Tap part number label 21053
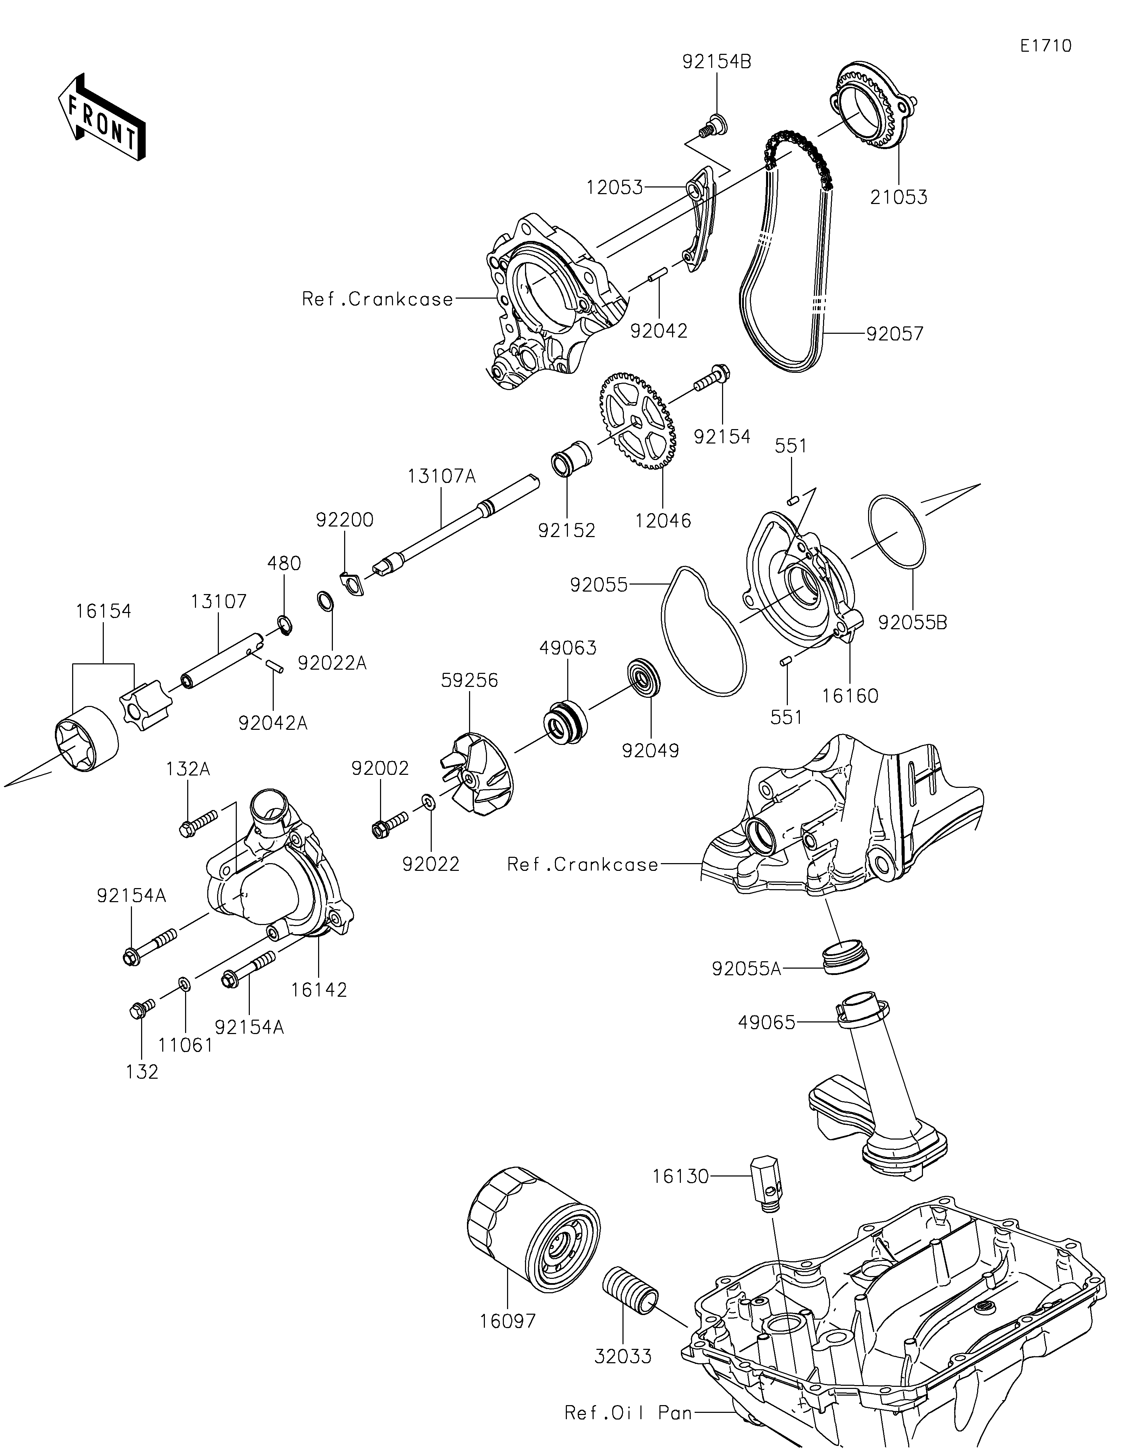tap(898, 197)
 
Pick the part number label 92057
tap(895, 333)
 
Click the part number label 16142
tap(319, 990)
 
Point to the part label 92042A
tap(273, 723)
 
